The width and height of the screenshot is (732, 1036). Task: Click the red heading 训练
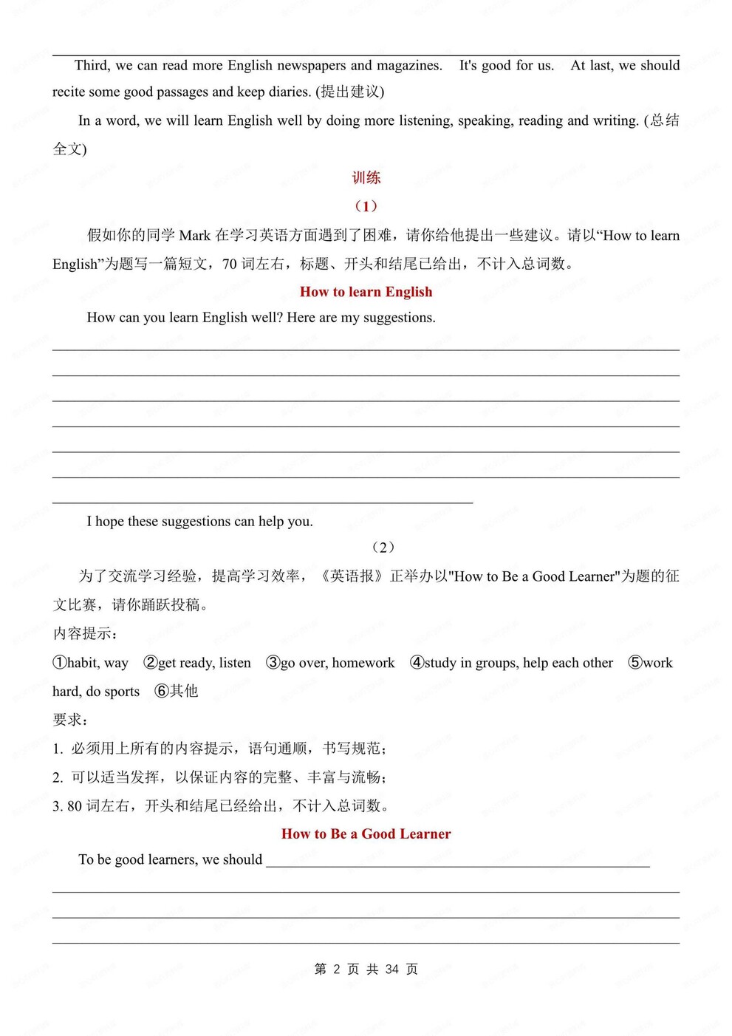[x=366, y=177]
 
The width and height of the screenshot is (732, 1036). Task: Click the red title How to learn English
[x=366, y=292]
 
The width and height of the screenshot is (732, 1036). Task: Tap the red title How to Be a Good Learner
[x=366, y=834]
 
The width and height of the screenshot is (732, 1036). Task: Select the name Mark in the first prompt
[x=195, y=236]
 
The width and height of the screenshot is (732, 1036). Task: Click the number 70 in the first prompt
[x=230, y=264]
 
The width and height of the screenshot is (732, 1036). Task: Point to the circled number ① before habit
[x=60, y=662]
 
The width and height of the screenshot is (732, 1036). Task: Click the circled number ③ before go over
[x=273, y=662]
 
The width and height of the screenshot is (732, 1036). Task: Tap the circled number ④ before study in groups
[x=417, y=662]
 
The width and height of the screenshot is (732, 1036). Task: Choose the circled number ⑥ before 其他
[x=162, y=691]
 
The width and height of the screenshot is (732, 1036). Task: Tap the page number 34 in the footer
[x=392, y=969]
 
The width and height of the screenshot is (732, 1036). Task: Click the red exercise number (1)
[x=366, y=206]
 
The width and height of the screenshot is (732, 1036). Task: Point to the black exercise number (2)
[x=383, y=547]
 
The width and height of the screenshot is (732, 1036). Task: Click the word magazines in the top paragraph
[x=408, y=66]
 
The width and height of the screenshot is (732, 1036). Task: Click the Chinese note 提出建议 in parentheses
[x=350, y=92]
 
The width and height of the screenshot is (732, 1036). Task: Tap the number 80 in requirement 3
[x=75, y=806]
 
